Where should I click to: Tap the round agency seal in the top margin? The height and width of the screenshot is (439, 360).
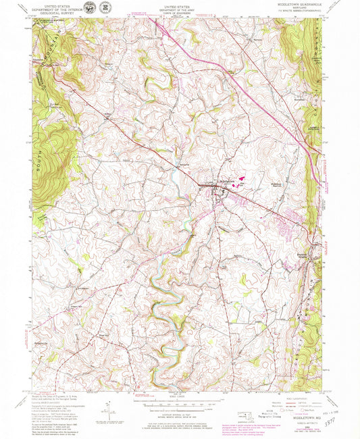106,7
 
